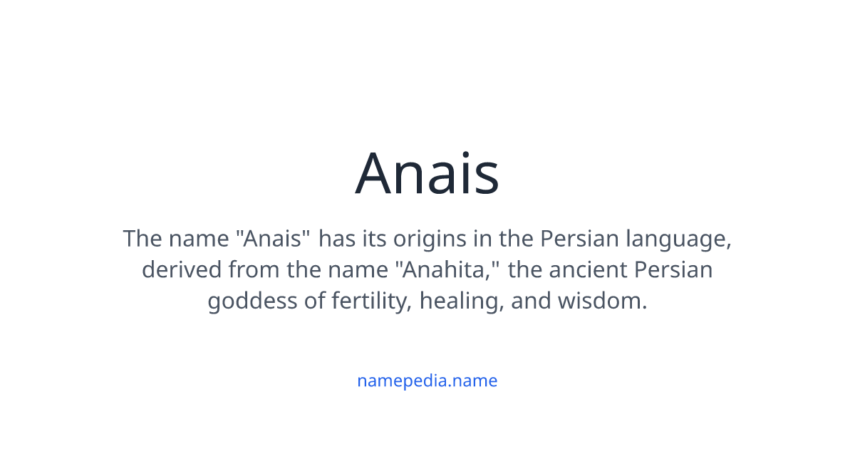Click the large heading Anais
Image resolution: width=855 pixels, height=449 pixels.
427,174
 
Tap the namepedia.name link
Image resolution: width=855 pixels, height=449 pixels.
427,381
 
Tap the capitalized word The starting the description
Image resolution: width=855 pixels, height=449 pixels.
142,239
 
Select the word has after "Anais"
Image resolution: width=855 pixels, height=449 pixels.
335,239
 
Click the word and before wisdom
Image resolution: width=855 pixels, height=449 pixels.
532,301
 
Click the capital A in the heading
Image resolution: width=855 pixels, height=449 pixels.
377,174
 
